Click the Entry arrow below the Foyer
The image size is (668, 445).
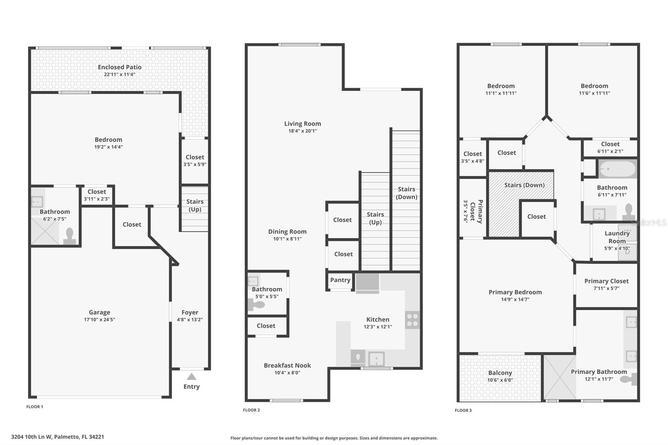point(191,377)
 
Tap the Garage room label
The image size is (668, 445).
point(99,312)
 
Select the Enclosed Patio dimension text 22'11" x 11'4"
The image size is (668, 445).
point(119,74)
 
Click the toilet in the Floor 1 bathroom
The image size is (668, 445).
point(70,236)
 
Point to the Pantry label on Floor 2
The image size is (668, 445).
point(340,280)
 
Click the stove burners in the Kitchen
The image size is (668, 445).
point(412,320)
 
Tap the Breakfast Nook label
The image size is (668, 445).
point(287,365)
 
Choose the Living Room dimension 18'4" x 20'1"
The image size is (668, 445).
point(303,131)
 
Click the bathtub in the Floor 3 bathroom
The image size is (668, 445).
point(617,169)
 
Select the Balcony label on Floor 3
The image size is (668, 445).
point(500,373)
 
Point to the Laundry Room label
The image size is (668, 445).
point(617,237)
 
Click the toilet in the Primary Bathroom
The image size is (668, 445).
point(629,379)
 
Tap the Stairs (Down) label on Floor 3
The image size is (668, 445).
point(524,185)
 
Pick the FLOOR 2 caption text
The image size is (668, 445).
point(251,410)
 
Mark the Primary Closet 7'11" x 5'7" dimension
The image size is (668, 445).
point(606,288)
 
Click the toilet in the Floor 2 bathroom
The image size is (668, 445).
point(256,305)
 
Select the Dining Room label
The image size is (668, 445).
point(287,232)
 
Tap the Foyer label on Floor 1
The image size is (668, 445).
point(190,312)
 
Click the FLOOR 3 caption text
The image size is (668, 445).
point(463,410)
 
